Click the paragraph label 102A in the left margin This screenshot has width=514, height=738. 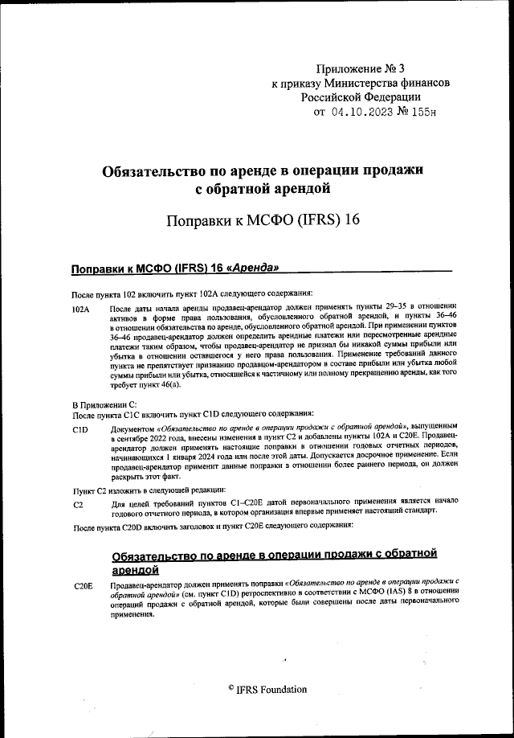click(x=81, y=309)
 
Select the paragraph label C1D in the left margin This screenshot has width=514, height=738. click(x=80, y=430)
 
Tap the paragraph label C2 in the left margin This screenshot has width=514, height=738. click(x=77, y=503)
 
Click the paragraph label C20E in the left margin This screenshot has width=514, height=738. click(x=83, y=586)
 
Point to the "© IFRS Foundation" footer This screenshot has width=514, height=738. click(x=267, y=690)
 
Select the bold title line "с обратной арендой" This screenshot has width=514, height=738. click(x=263, y=190)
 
